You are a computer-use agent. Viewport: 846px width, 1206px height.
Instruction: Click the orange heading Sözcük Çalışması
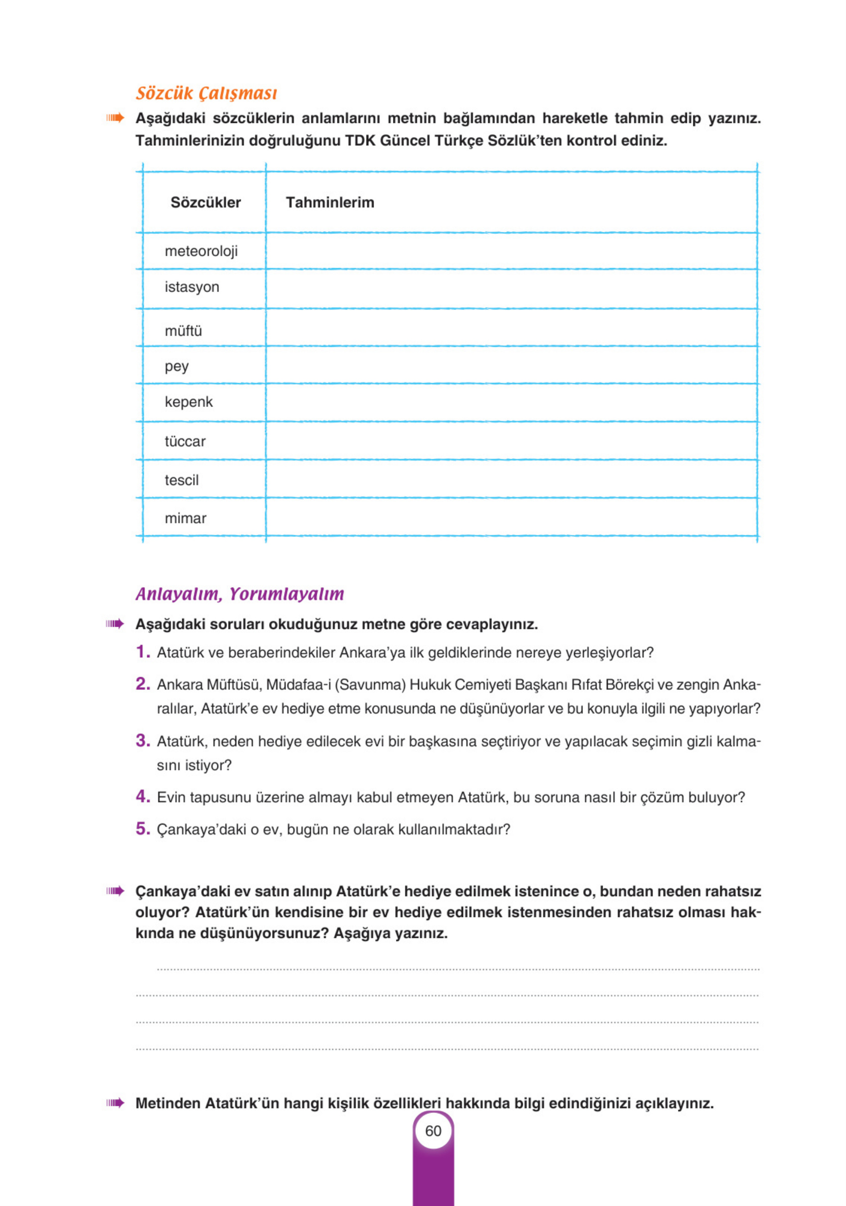(x=206, y=93)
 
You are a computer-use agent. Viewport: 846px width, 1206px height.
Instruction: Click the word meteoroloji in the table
(x=201, y=251)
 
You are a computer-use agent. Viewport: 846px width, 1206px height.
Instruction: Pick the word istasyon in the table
(x=191, y=287)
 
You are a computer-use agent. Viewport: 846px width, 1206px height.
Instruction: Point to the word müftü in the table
(x=183, y=331)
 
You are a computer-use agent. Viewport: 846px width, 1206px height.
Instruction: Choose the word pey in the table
(x=177, y=366)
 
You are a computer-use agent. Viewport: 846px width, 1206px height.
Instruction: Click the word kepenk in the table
(x=188, y=402)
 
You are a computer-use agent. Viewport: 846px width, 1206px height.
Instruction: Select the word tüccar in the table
(x=185, y=441)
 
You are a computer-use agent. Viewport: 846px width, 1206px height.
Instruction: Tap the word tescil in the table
(x=182, y=480)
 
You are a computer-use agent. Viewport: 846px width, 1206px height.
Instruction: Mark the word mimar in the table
(x=186, y=518)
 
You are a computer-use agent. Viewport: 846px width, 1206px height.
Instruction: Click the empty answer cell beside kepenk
(x=510, y=402)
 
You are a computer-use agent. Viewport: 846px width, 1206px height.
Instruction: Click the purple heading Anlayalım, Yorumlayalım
(x=239, y=594)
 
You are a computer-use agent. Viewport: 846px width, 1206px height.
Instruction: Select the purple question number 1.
(x=142, y=652)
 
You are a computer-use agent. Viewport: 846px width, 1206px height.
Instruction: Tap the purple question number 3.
(x=143, y=741)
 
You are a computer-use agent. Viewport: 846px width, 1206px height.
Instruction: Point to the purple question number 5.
(x=143, y=829)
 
